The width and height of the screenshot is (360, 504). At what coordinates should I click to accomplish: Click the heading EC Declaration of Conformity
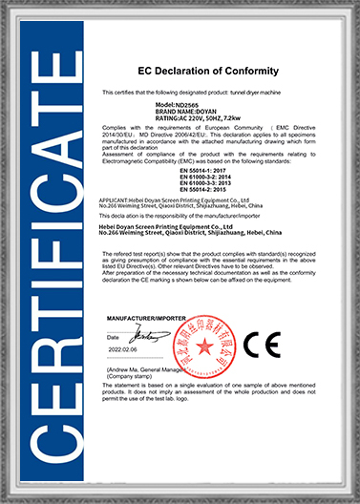207,71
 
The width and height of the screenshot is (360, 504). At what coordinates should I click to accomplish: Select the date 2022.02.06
123,350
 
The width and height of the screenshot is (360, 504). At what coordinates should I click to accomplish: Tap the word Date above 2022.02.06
113,337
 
